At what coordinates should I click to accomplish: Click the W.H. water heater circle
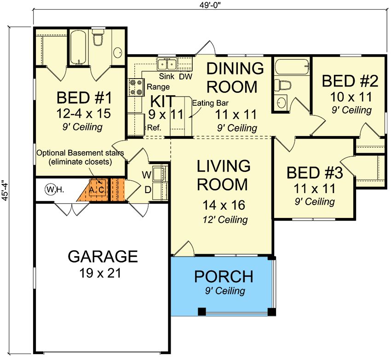click(50, 190)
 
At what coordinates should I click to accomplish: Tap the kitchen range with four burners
click(136, 87)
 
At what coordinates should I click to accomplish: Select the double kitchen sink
click(167, 64)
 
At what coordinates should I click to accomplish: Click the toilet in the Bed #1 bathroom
click(98, 37)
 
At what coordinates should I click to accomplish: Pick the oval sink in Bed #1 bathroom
click(118, 52)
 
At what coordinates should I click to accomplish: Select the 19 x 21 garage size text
click(100, 273)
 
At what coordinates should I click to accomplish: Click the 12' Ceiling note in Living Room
click(225, 220)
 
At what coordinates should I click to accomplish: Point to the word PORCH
click(224, 276)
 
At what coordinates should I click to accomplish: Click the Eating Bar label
click(210, 103)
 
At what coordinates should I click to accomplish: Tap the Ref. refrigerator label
click(154, 128)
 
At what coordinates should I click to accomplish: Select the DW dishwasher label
click(186, 76)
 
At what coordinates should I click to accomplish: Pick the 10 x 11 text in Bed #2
click(351, 97)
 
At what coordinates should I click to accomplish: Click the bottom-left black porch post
click(202, 311)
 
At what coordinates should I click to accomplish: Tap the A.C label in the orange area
click(97, 190)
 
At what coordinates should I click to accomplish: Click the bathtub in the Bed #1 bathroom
click(78, 47)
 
